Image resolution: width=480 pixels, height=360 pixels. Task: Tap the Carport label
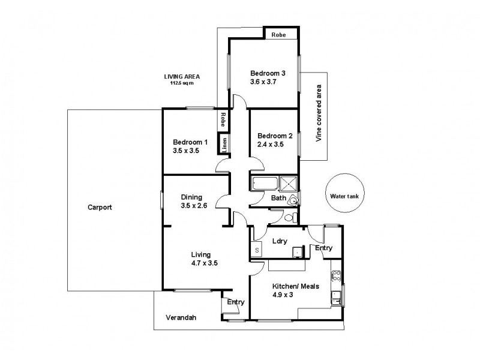pyautogui.click(x=100, y=207)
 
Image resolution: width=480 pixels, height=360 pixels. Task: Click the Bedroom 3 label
pyautogui.click(x=268, y=73)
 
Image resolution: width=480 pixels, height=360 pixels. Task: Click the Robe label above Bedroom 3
pyautogui.click(x=278, y=35)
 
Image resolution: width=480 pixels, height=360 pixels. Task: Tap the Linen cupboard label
pyautogui.click(x=224, y=143)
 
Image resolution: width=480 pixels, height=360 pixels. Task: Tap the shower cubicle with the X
pyautogui.click(x=290, y=183)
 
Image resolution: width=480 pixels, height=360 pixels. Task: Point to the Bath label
pyautogui.click(x=278, y=197)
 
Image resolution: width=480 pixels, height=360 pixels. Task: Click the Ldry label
pyautogui.click(x=279, y=241)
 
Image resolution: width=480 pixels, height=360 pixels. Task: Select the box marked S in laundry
pyautogui.click(x=257, y=250)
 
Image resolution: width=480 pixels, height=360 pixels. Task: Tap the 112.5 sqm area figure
pyautogui.click(x=182, y=83)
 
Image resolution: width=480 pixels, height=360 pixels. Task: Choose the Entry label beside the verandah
pyautogui.click(x=235, y=302)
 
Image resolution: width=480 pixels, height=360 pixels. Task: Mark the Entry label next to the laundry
pyautogui.click(x=323, y=247)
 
